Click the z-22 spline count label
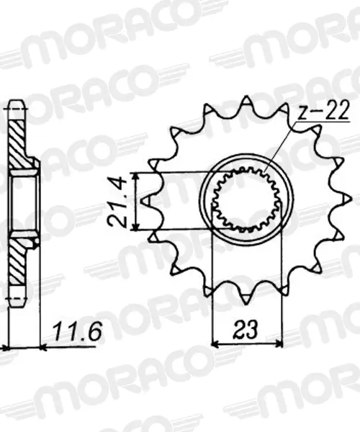coord(324,110)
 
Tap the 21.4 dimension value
coord(117,202)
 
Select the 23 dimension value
coord(246,329)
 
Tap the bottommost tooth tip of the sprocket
coord(247,303)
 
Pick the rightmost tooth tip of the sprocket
coord(351,199)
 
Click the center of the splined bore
coord(247,200)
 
